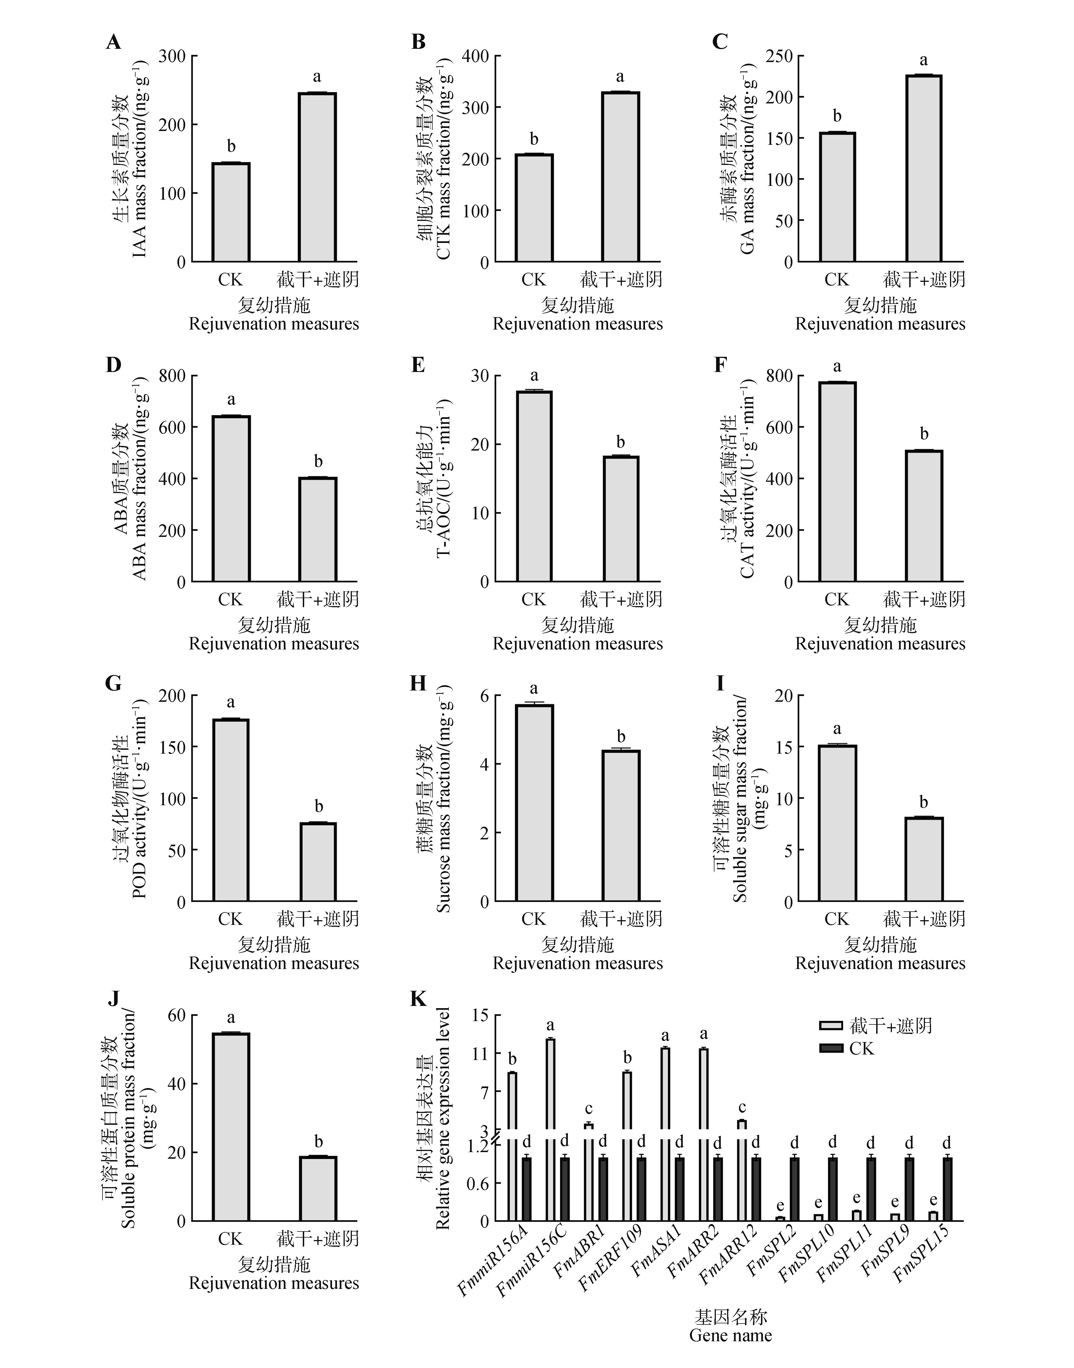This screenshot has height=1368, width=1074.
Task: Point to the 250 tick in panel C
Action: (x=780, y=57)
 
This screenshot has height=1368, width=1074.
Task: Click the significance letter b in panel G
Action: (x=319, y=807)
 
